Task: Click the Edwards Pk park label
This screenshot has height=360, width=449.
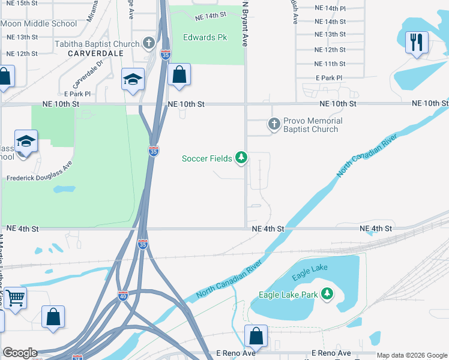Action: click(205, 37)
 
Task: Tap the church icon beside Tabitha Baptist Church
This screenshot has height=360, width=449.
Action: click(149, 44)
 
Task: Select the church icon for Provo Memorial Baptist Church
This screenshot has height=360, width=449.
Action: click(274, 124)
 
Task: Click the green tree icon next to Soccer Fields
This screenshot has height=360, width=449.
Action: click(241, 158)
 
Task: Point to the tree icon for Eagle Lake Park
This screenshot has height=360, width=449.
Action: click(327, 294)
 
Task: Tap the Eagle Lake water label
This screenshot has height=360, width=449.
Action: click(310, 272)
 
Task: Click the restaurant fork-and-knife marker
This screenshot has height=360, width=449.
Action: click(416, 43)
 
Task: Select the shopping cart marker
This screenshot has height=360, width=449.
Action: click(15, 297)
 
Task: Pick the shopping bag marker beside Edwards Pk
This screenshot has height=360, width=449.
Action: click(179, 76)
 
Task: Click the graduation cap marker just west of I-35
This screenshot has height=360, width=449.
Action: click(132, 80)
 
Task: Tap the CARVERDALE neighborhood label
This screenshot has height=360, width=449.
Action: click(95, 53)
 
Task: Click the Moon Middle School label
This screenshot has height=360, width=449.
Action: click(39, 24)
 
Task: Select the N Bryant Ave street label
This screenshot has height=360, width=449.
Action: click(245, 24)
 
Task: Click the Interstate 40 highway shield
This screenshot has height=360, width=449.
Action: click(122, 296)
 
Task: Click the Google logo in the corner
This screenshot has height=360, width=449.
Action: click(20, 353)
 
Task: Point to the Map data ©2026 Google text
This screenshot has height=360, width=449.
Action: click(411, 356)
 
